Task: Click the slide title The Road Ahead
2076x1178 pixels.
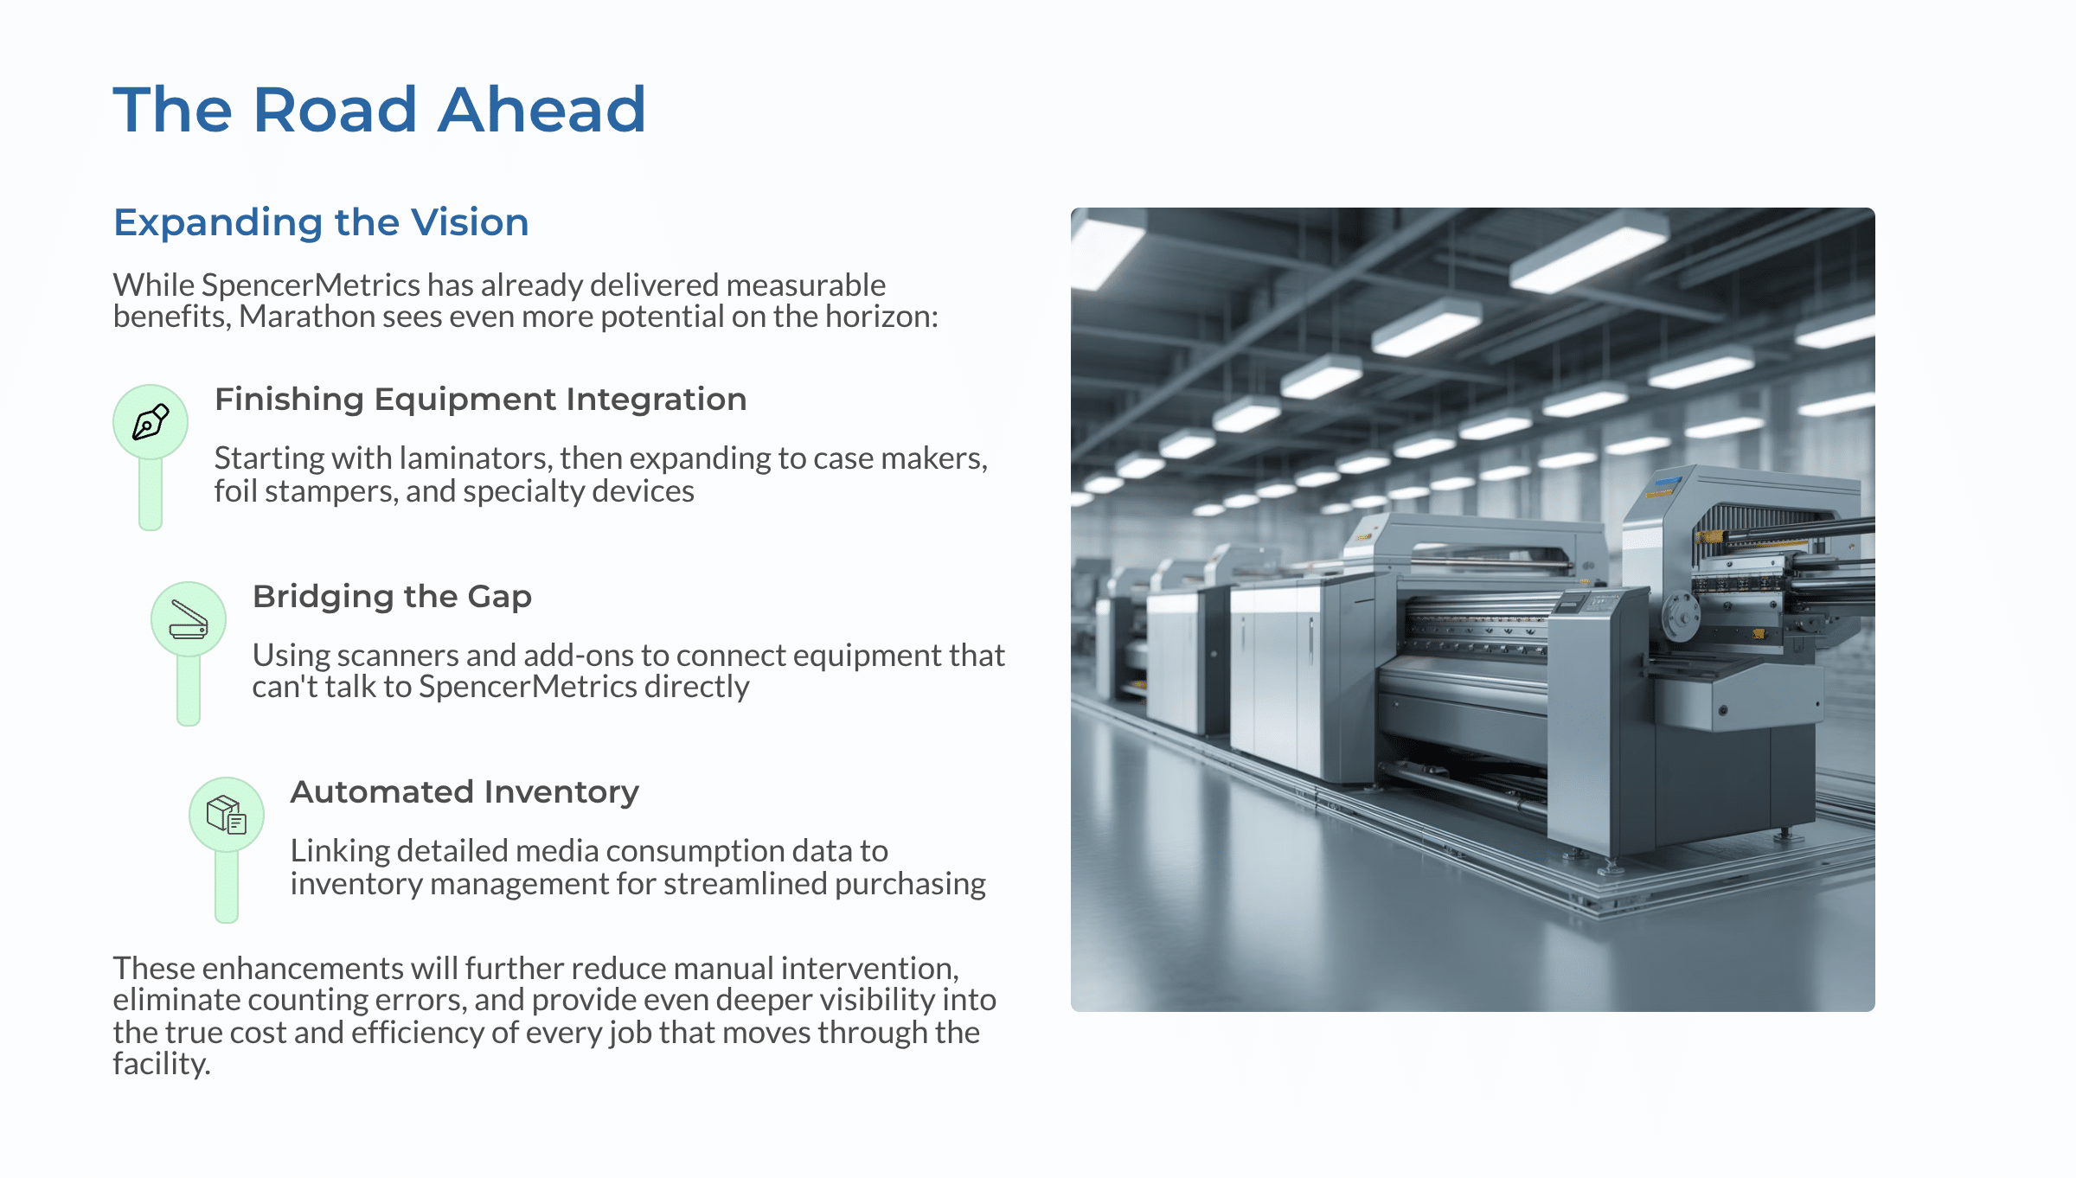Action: pos(379,110)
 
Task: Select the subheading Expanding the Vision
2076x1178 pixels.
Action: pos(321,222)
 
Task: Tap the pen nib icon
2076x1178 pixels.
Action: pos(151,422)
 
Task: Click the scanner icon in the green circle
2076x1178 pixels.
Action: pos(189,619)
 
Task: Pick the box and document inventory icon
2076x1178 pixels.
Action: pos(227,815)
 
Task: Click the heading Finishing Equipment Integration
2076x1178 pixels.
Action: pos(480,400)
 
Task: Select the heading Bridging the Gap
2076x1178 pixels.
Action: pos(392,597)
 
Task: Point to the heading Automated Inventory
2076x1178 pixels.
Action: pos(465,792)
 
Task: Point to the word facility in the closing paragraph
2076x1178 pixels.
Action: pos(161,1064)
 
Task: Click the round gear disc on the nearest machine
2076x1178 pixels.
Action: pos(1679,615)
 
